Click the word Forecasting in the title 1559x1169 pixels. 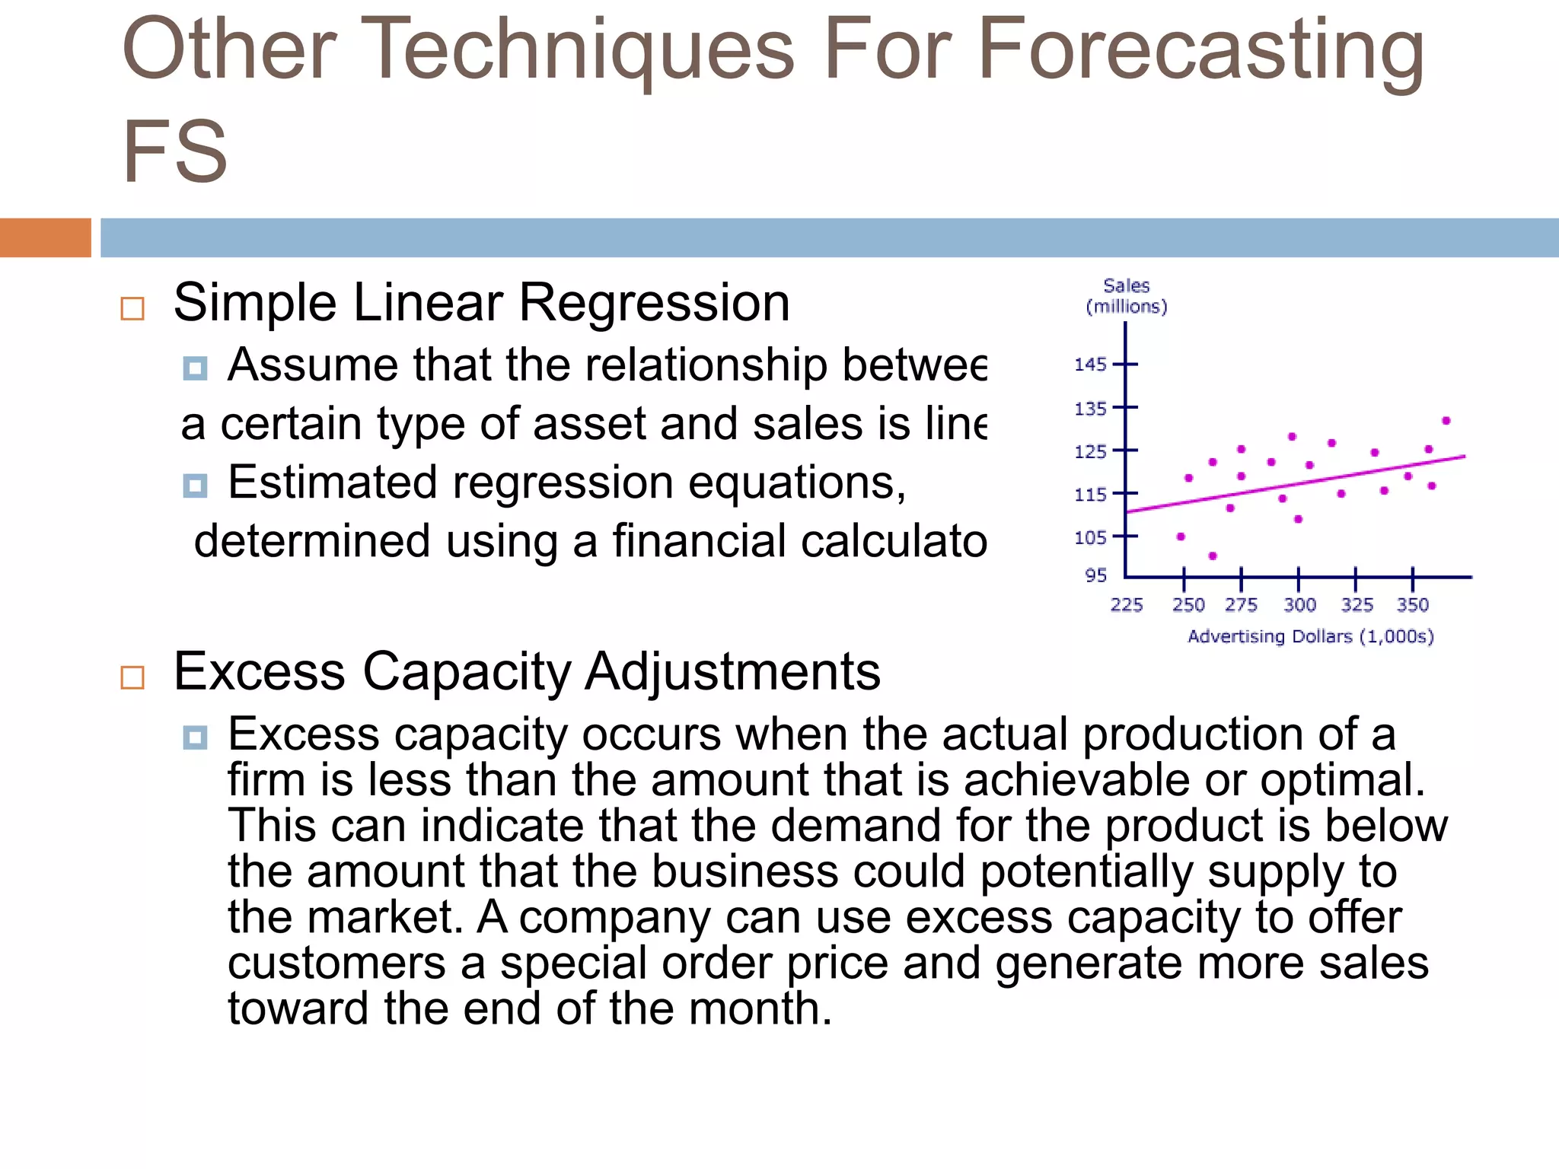click(1200, 52)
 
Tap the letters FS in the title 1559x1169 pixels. click(175, 152)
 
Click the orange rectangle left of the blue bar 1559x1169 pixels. click(45, 237)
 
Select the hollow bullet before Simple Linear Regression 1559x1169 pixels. click(132, 308)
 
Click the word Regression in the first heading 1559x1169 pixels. click(654, 304)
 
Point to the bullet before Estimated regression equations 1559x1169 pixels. click(195, 486)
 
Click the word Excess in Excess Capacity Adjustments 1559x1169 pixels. click(259, 672)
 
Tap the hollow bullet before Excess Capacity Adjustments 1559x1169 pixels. click(132, 677)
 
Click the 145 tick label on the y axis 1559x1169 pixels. click(1089, 365)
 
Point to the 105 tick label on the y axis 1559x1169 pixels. click(1089, 538)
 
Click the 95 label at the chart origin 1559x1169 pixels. click(1095, 575)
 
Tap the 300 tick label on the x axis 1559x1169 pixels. click(1299, 605)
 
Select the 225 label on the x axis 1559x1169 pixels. click(1126, 605)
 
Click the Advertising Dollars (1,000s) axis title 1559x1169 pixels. click(1310, 636)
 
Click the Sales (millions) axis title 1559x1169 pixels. click(1126, 296)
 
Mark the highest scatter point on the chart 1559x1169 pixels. click(1446, 421)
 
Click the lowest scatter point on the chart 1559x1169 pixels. click(1213, 556)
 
